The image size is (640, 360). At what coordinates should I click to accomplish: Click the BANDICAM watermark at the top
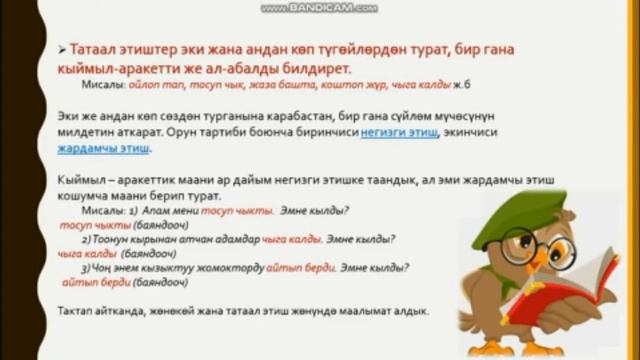319,7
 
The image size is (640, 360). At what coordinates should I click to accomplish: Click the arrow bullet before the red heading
63,49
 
